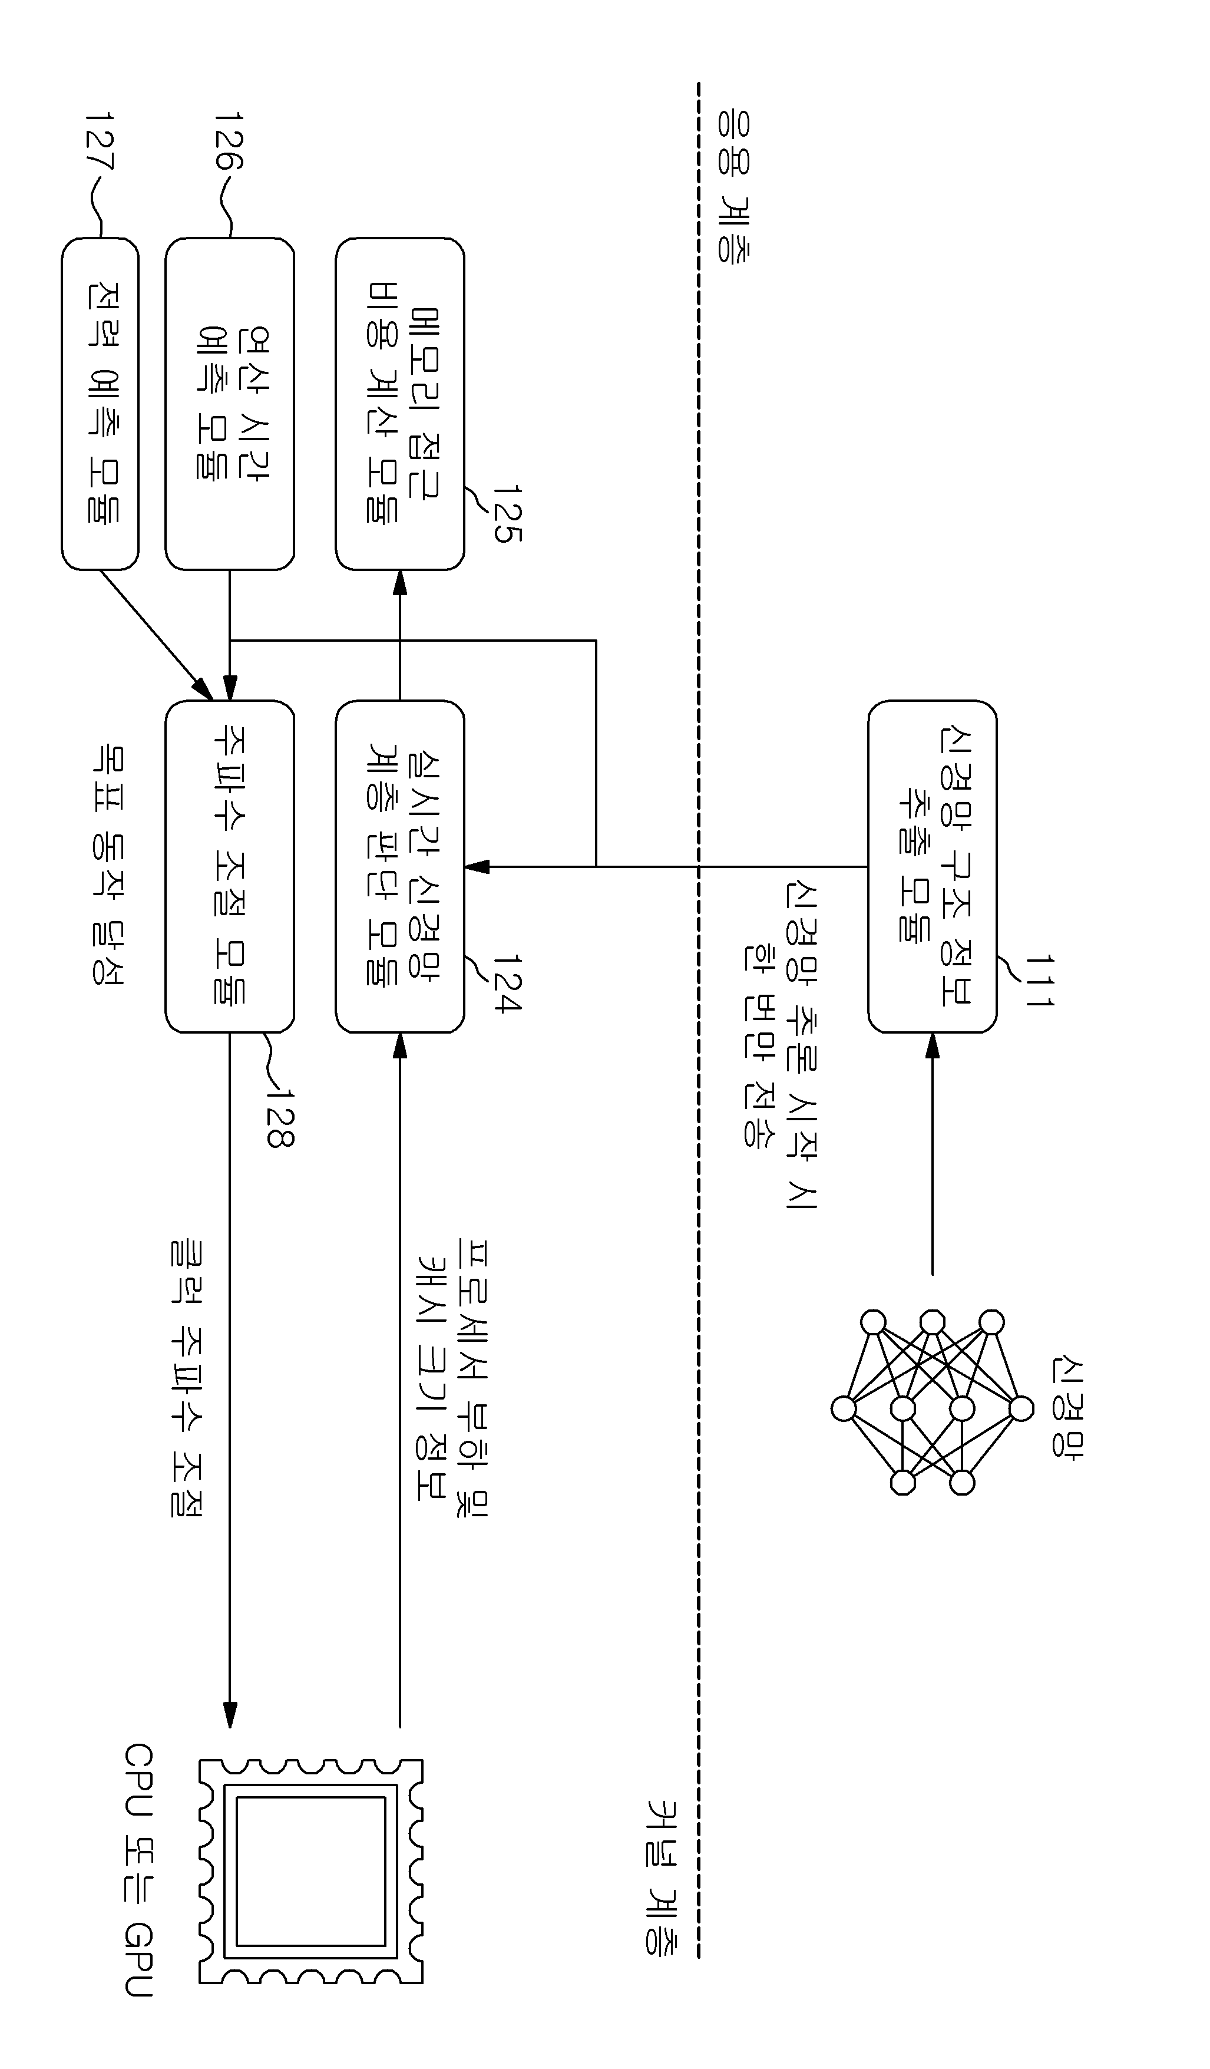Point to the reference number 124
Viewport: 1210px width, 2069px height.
(x=507, y=984)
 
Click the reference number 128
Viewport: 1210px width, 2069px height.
(x=280, y=1117)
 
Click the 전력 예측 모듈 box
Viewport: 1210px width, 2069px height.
(x=100, y=404)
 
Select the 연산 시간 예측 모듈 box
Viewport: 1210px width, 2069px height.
(x=230, y=404)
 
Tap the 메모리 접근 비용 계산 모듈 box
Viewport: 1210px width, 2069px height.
(x=400, y=404)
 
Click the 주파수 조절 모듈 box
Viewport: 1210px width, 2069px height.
(x=230, y=866)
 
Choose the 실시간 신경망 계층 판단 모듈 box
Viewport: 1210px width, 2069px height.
(x=400, y=866)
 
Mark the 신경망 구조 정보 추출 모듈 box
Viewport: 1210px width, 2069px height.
(x=933, y=866)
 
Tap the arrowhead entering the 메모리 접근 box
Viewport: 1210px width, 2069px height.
(x=400, y=582)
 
